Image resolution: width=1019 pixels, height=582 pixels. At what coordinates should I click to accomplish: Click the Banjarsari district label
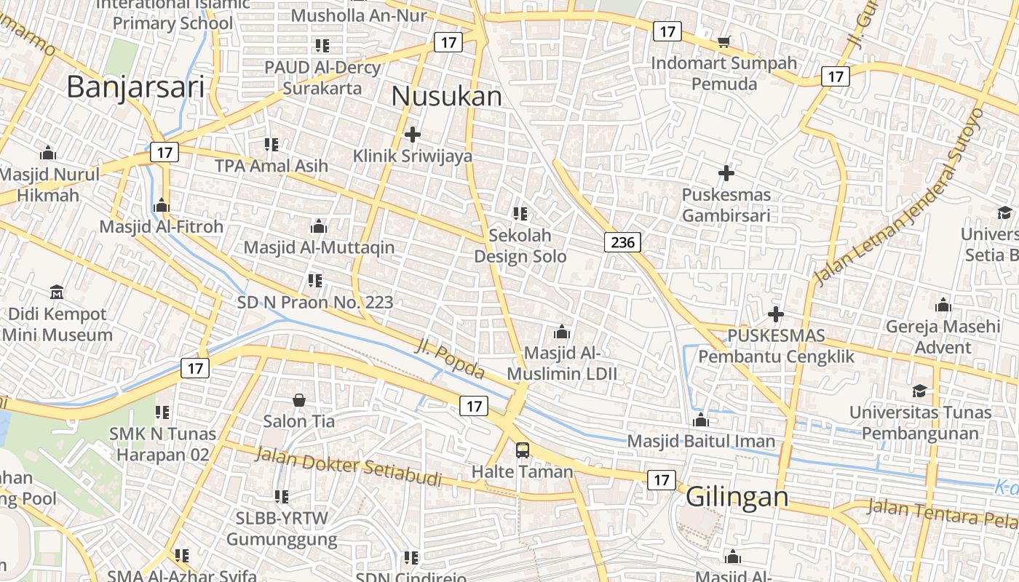click(x=135, y=87)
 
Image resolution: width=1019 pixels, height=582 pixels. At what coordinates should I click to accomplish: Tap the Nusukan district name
click(x=446, y=96)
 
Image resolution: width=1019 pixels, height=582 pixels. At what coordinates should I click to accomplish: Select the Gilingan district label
click(x=737, y=497)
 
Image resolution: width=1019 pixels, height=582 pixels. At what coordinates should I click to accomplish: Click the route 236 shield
click(x=622, y=242)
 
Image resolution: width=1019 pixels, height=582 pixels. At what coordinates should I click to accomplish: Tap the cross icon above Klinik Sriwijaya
click(x=413, y=135)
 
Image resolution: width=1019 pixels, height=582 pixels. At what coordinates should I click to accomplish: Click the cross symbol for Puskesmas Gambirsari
click(x=726, y=173)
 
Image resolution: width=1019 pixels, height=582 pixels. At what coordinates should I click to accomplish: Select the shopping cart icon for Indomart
click(x=723, y=42)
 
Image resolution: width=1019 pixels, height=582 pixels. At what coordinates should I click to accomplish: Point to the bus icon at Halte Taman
click(x=523, y=450)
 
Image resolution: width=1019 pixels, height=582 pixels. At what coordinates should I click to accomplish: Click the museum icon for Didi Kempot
click(x=57, y=292)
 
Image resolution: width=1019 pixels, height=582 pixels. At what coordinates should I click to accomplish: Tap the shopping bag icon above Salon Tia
click(x=299, y=400)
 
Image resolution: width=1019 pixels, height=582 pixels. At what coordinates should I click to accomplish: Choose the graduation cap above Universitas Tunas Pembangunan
click(x=919, y=391)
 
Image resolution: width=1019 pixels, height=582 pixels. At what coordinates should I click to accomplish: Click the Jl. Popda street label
click(x=449, y=359)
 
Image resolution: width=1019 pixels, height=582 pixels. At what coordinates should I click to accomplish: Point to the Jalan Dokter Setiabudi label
click(x=349, y=466)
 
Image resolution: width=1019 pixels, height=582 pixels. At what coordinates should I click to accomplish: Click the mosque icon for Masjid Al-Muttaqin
click(x=318, y=226)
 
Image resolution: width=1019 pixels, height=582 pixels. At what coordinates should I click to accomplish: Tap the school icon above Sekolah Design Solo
click(x=520, y=214)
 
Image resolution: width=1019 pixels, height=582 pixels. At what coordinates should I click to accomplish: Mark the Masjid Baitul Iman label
click(x=701, y=441)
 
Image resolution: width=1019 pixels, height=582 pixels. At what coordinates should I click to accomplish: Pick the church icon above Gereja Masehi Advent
click(x=943, y=305)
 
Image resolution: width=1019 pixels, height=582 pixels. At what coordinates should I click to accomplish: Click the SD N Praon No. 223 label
click(x=315, y=302)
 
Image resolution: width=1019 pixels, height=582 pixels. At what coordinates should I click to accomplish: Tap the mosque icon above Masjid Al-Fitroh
click(x=162, y=206)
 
